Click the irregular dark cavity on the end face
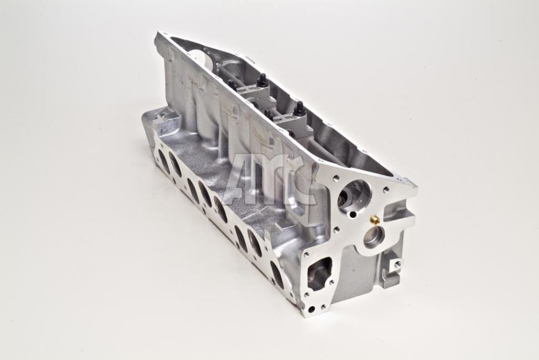[x=321, y=272]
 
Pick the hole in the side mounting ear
[x=398, y=264]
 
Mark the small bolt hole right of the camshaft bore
[x=386, y=189]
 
